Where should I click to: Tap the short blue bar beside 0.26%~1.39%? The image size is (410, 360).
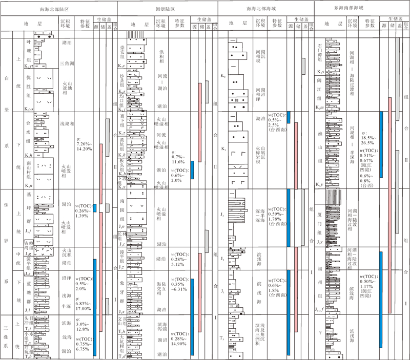tap(95, 208)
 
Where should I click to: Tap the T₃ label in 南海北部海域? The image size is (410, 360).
tap(229, 338)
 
